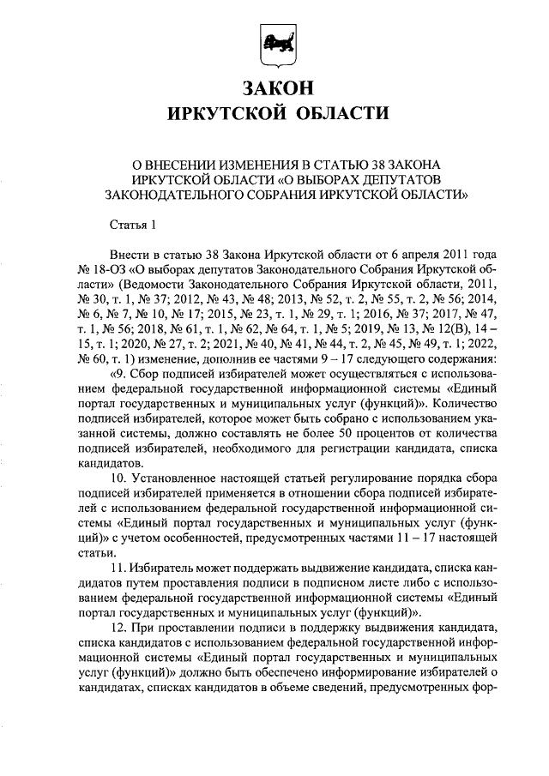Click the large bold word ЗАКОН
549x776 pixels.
pyautogui.click(x=274, y=88)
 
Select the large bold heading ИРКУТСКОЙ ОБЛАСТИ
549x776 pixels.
pyautogui.click(x=274, y=115)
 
